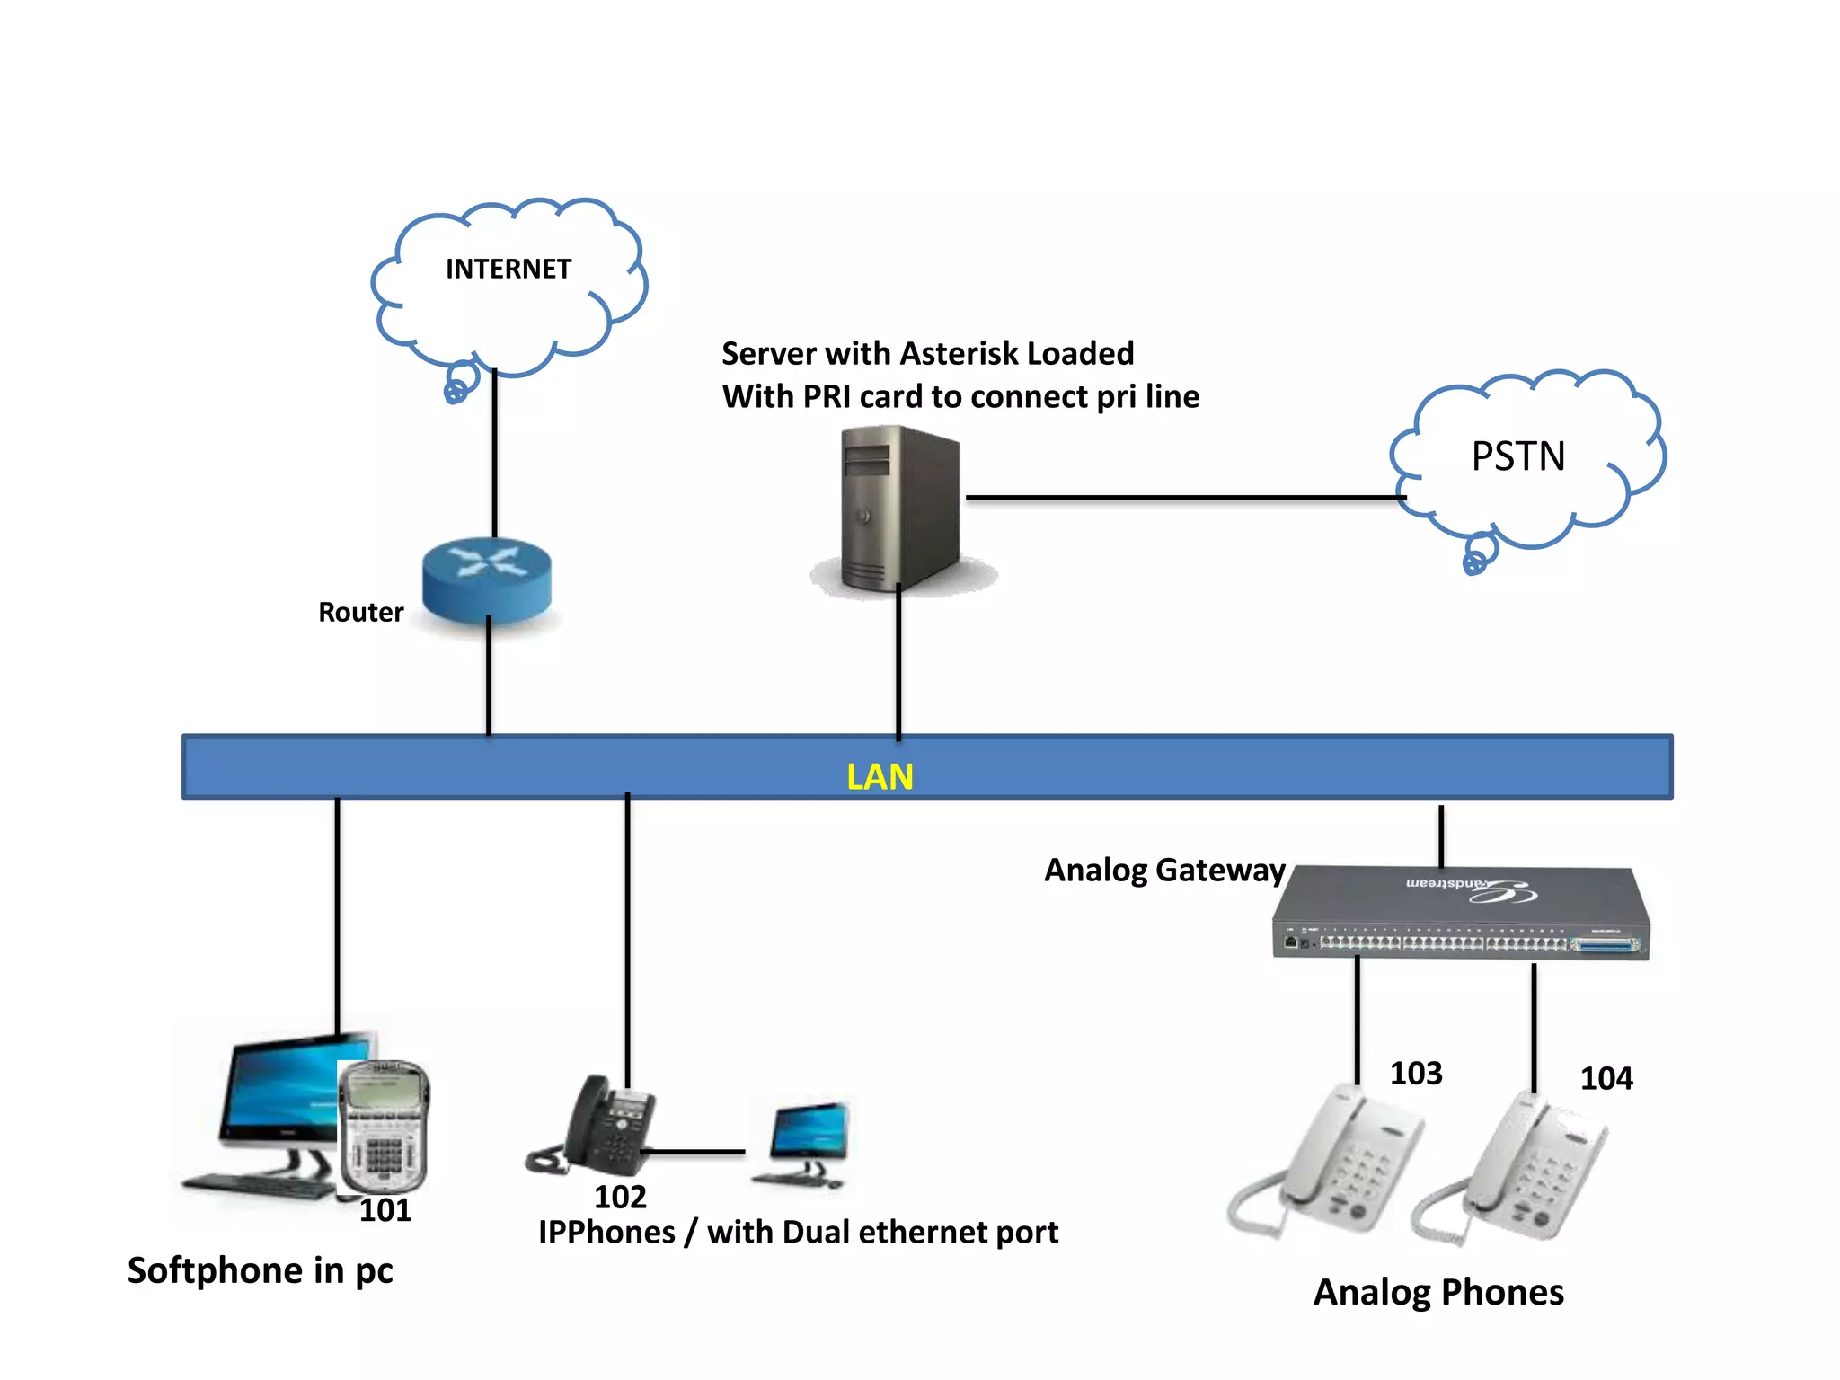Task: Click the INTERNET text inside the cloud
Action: point(509,269)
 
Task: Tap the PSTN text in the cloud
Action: point(1517,456)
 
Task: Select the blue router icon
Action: point(486,579)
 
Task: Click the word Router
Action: point(360,613)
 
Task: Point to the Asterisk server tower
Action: point(898,509)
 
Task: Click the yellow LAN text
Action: point(880,777)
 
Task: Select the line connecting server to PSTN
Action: point(1186,497)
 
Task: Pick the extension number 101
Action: point(385,1211)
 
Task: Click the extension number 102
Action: point(620,1197)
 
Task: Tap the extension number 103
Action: point(1416,1074)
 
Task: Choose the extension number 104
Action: point(1606,1078)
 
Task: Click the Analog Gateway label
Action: point(1164,871)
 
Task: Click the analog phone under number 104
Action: point(1518,1168)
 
